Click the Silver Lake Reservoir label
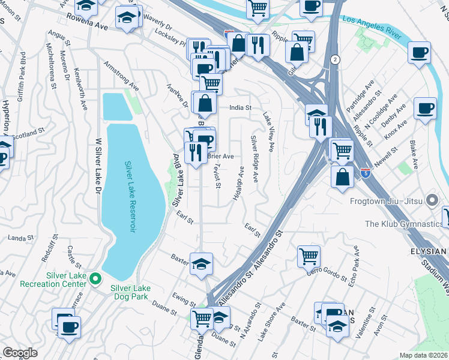click(128, 198)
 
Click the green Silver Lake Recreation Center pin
click(95, 278)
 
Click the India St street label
click(239, 108)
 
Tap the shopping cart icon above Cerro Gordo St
click(309, 256)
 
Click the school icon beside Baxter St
click(201, 263)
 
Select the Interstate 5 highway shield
click(366, 173)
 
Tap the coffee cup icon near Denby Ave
click(425, 109)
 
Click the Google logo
click(20, 353)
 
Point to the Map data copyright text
click(423, 355)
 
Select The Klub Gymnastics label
click(403, 224)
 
